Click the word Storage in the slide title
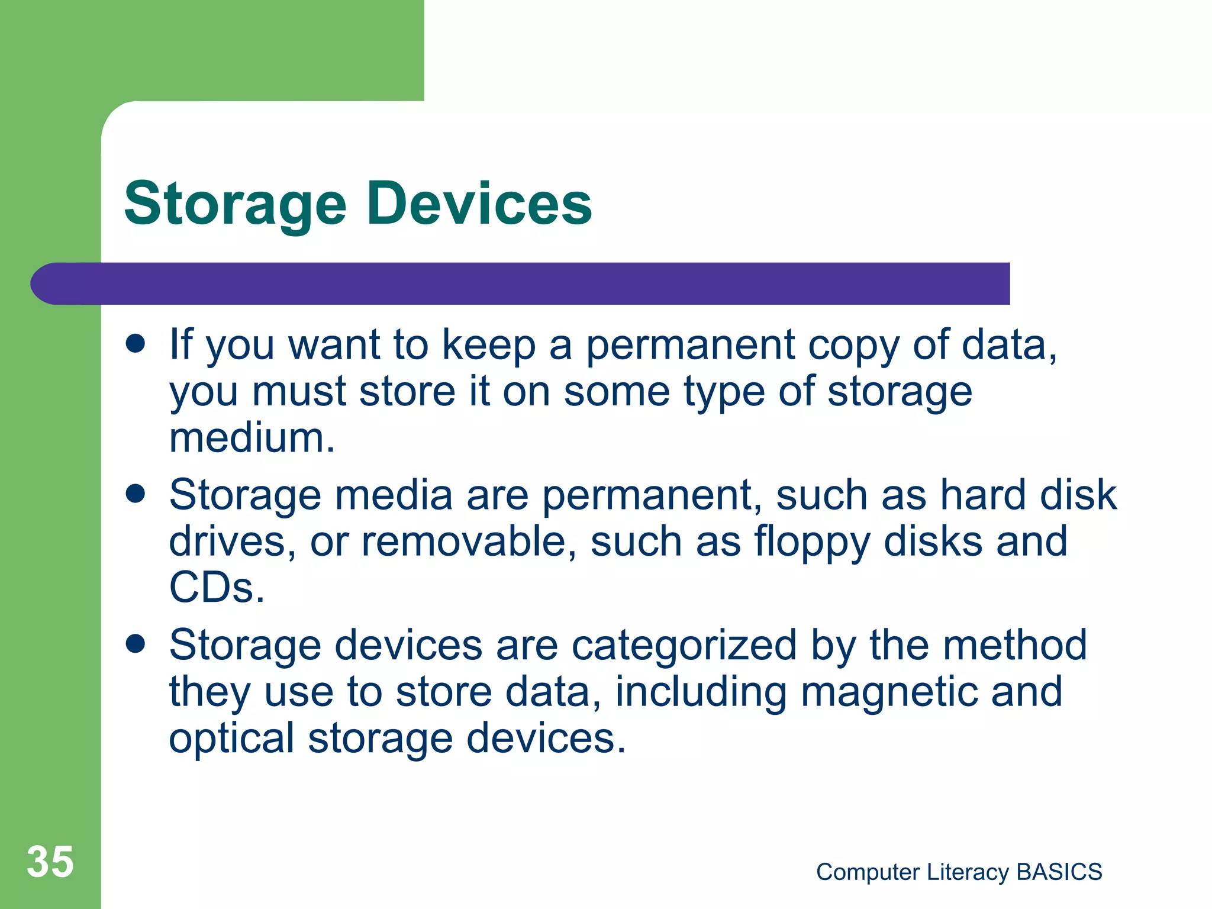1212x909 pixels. [x=235, y=204]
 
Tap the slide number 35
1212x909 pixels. [x=50, y=862]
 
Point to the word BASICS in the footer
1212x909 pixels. [x=1059, y=872]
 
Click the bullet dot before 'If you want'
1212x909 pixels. [x=136, y=344]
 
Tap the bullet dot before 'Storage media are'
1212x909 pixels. [x=136, y=494]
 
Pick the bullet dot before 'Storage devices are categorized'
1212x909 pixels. [x=136, y=644]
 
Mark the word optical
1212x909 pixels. [x=231, y=739]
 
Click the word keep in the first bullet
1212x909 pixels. [x=489, y=345]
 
